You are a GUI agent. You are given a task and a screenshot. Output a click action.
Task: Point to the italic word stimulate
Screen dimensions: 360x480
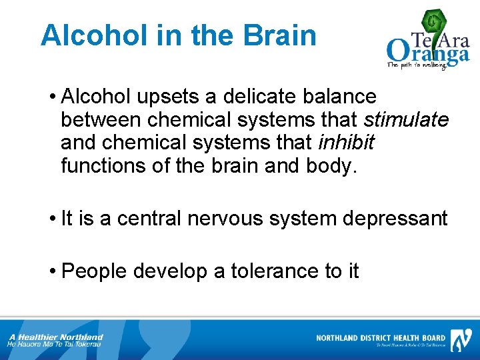coord(406,120)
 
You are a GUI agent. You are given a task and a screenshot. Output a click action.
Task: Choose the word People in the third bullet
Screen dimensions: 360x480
coord(93,271)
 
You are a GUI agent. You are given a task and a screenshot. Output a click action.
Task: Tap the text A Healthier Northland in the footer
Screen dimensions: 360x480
coord(56,337)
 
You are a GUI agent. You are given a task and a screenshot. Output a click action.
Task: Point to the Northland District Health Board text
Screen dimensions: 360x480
coord(381,338)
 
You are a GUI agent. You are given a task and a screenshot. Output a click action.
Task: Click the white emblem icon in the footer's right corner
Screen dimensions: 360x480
coord(461,339)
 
